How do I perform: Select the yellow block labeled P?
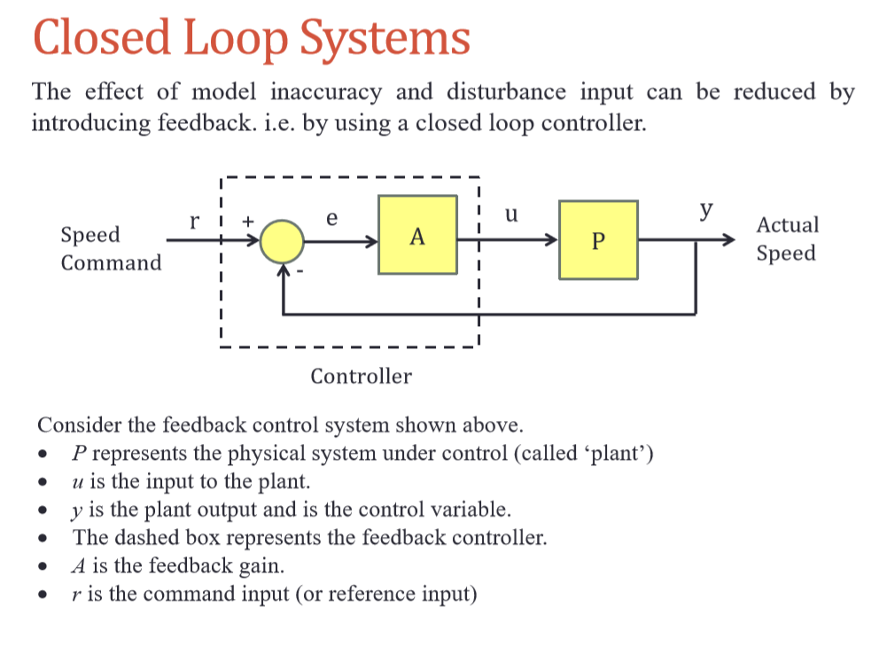pos(598,240)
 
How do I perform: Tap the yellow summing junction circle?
pos(283,240)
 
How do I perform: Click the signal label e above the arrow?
pos(331,217)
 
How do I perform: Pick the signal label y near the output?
pos(706,210)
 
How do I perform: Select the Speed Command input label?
pos(111,248)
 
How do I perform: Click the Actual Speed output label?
pos(787,238)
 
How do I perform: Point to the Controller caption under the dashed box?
pos(361,377)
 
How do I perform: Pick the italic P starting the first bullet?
pos(79,455)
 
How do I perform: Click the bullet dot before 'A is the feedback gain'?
pos(42,567)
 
